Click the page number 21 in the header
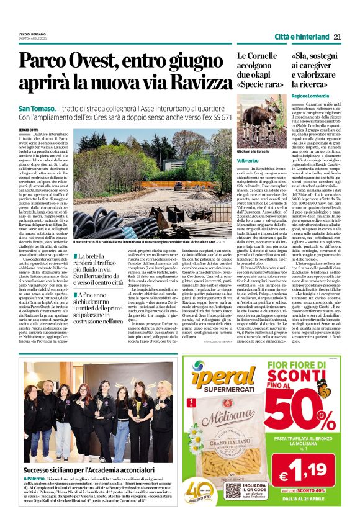337,37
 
